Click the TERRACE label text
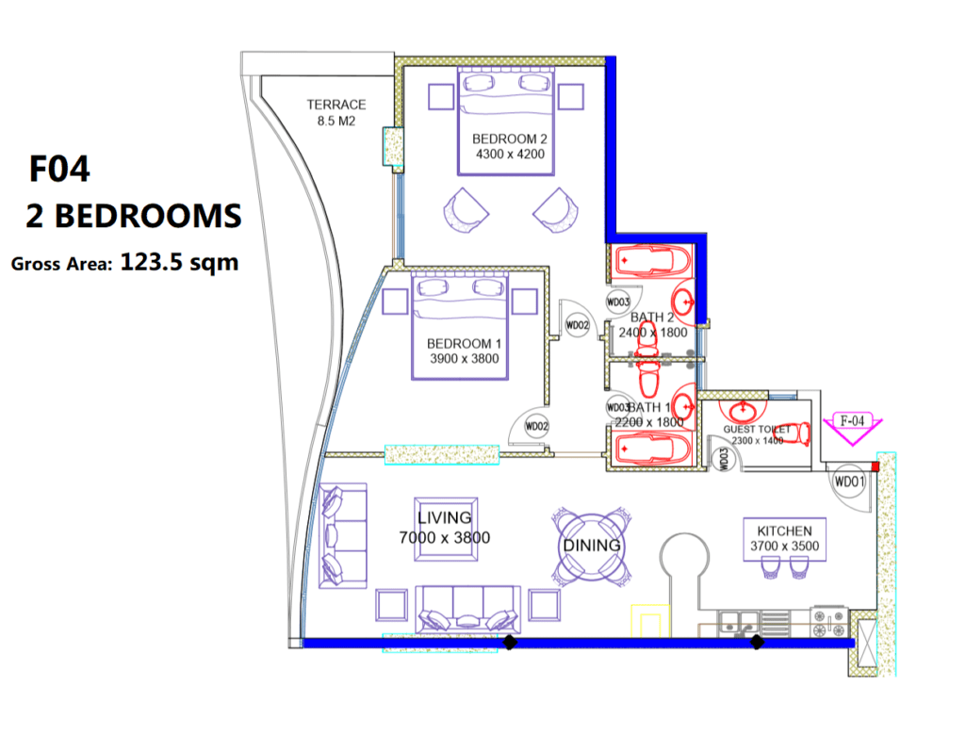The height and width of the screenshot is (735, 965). click(x=335, y=105)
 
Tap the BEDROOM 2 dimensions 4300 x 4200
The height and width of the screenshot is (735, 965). click(x=509, y=154)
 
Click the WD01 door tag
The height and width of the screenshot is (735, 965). click(x=849, y=482)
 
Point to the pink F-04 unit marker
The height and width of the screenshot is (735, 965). click(x=851, y=423)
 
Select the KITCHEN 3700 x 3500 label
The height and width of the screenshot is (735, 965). click(x=784, y=538)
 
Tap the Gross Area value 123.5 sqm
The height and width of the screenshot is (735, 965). click(x=179, y=262)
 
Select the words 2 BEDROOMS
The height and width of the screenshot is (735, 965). click(x=133, y=216)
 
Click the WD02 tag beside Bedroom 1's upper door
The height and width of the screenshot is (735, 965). click(x=577, y=325)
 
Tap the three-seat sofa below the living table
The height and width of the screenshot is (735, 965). click(x=468, y=611)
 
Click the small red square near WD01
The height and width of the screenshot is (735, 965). click(x=878, y=465)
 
